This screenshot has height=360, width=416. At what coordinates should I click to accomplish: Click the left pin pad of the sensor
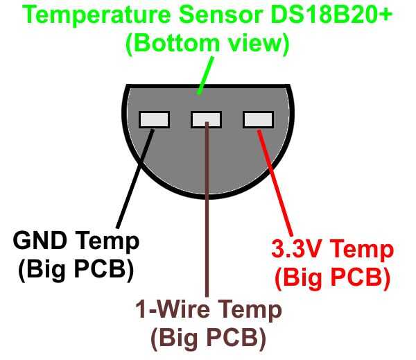click(154, 120)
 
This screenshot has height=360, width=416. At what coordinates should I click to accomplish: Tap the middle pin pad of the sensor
click(206, 120)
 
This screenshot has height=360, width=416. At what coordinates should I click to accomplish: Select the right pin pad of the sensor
click(258, 120)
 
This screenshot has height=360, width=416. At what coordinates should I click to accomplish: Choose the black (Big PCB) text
click(75, 270)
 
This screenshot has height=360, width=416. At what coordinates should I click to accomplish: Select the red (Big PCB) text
click(331, 277)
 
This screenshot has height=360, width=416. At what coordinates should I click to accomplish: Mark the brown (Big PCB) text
click(209, 338)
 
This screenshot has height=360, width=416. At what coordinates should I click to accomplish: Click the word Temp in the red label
click(363, 250)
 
